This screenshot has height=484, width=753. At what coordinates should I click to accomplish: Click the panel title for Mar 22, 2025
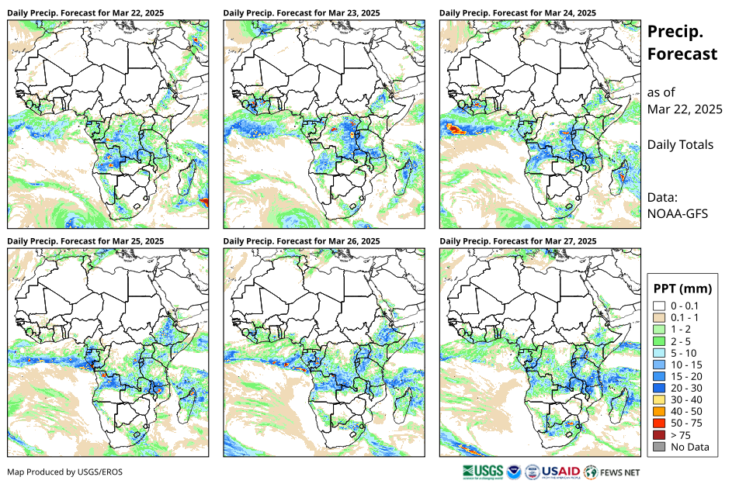85,13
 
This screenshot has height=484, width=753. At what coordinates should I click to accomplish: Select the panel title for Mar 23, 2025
301,13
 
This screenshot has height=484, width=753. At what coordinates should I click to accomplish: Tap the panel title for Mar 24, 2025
518,13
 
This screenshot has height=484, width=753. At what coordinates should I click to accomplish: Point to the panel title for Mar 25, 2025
85,241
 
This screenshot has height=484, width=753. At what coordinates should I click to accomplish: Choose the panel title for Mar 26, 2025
301,241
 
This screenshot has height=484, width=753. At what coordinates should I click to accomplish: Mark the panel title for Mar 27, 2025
518,241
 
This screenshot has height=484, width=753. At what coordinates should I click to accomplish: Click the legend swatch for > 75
659,435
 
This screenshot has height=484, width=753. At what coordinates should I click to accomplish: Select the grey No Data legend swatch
659,447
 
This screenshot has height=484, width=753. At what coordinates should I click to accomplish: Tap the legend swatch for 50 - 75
659,423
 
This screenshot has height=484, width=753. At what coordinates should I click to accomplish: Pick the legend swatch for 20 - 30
659,388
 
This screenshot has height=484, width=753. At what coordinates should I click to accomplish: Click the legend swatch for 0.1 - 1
659,317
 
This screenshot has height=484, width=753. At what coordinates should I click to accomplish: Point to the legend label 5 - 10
685,353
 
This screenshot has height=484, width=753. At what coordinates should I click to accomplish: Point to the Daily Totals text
680,145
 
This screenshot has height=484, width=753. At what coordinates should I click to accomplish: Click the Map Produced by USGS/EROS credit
65,472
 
